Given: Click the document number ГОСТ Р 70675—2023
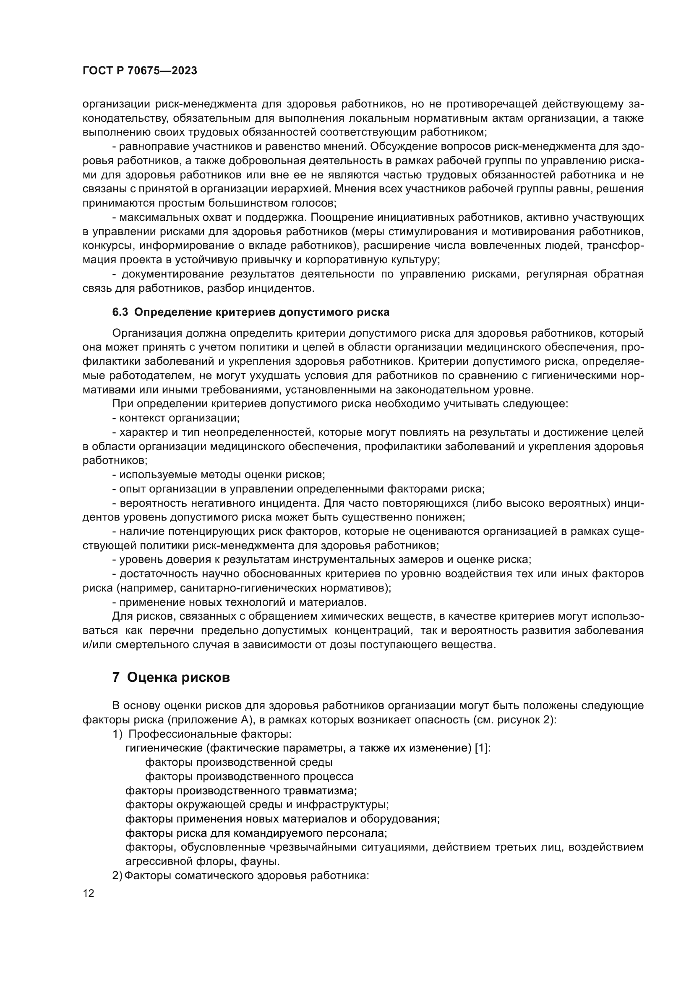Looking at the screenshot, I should pos(140,71).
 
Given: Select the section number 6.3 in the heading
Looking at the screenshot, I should pos(120,312).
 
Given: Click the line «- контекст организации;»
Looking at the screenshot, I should pos(176,418).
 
